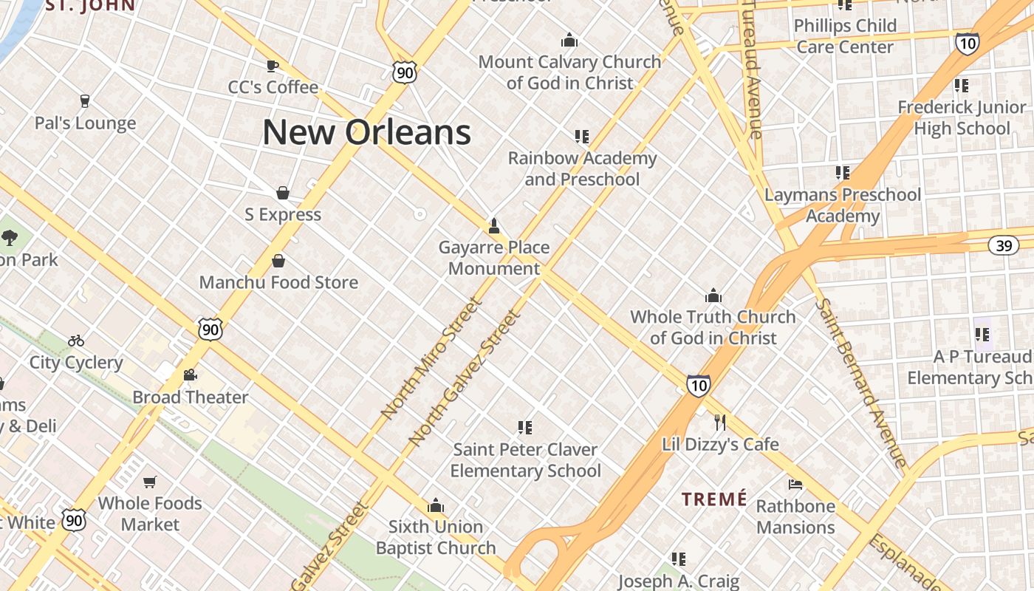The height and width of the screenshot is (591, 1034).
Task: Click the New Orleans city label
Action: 366,133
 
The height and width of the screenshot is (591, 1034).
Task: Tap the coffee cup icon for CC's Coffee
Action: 273,66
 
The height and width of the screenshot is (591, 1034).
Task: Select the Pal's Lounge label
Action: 86,123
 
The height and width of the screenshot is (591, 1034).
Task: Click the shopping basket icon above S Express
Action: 282,194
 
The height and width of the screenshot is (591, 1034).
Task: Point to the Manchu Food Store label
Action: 278,282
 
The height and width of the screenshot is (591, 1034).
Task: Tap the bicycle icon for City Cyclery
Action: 76,341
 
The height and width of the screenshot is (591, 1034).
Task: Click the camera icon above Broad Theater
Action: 191,375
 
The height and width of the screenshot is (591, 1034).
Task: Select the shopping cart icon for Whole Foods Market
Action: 150,482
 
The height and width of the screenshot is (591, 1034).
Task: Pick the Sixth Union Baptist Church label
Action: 436,537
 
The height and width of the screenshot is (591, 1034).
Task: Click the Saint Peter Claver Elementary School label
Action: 526,460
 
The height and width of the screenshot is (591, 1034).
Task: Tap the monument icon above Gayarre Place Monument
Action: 494,225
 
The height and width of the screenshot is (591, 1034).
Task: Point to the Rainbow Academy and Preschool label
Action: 582,168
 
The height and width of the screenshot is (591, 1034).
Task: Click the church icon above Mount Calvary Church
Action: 569,40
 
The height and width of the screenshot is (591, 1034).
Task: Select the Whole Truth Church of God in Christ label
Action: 713,327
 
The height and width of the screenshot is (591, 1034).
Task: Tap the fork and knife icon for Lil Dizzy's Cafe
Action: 720,423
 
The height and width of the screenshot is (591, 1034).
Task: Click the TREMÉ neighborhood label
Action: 714,499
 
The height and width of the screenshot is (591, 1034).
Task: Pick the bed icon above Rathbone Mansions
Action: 795,485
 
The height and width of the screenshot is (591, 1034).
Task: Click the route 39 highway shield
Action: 1004,245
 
